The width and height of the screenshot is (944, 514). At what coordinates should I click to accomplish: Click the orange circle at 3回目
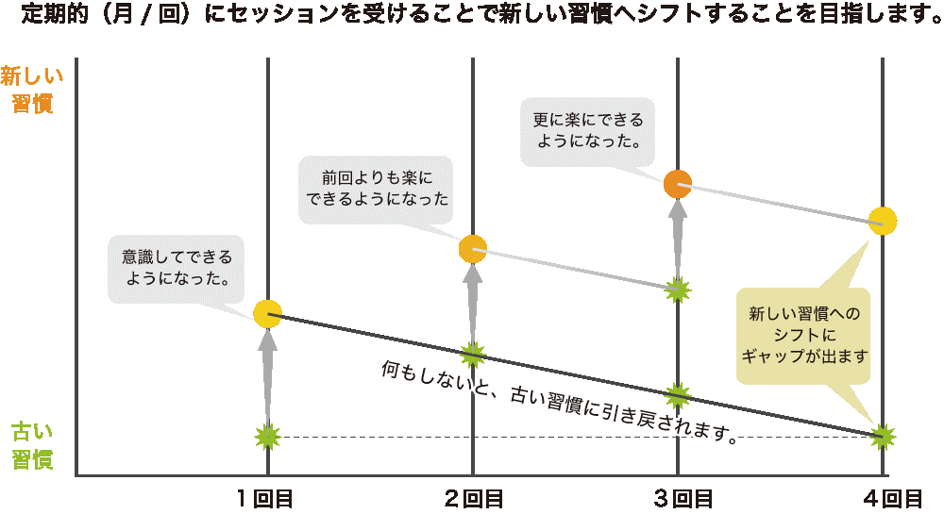click(678, 184)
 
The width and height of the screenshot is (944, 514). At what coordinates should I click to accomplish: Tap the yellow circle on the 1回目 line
click(268, 314)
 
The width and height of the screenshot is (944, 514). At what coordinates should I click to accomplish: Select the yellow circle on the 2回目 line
click(473, 249)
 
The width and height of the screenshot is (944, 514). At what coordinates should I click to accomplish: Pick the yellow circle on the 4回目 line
click(883, 221)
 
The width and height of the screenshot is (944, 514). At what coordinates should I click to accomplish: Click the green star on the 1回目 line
click(268, 436)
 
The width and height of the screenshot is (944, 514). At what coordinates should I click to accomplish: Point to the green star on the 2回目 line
click(473, 354)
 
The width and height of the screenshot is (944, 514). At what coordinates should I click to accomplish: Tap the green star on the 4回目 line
click(883, 436)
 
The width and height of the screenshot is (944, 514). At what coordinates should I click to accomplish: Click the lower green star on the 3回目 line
click(678, 394)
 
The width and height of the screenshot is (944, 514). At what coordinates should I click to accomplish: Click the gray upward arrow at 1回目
click(268, 373)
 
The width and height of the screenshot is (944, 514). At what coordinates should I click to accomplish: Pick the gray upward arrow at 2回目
click(473, 302)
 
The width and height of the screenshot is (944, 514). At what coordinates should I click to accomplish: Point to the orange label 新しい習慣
click(32, 90)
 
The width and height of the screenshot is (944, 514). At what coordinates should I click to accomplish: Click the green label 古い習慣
click(32, 446)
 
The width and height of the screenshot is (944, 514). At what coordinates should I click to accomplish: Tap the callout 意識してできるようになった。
click(177, 268)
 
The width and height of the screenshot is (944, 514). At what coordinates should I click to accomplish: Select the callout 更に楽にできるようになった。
click(590, 131)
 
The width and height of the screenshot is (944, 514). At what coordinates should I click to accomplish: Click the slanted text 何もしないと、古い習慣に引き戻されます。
click(557, 401)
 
